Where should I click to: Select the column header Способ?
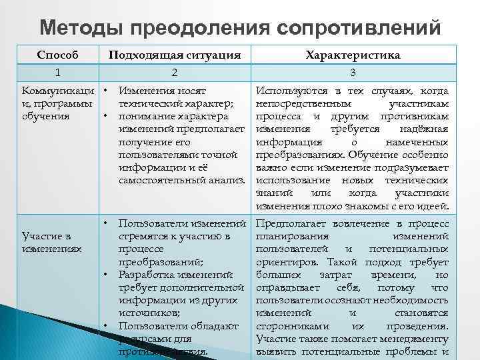[57, 55]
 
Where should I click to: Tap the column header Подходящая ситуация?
[175, 55]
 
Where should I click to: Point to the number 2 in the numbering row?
[174, 71]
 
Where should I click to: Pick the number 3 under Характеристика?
[352, 71]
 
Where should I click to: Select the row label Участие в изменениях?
[50, 242]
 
